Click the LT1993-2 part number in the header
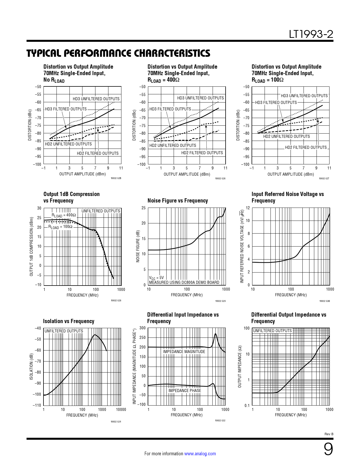pyautogui.click(x=311, y=34)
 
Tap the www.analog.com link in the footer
pyautogui.click(x=200, y=454)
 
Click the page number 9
pyautogui.click(x=328, y=449)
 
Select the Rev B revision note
pyautogui.click(x=329, y=434)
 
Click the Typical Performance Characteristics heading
pyautogui.click(x=118, y=53)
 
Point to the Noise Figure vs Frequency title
pyautogui.click(x=178, y=201)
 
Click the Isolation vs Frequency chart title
pyautogui.click(x=69, y=321)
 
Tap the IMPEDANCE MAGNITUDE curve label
pyautogui.click(x=184, y=352)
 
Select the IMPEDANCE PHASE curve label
pyautogui.click(x=185, y=391)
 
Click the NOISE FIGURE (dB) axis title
pyautogui.click(x=138, y=246)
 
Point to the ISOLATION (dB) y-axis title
pyautogui.click(x=31, y=367)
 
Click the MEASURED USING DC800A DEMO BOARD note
pyautogui.click(x=184, y=282)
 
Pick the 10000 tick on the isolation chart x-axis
pyautogui.click(x=121, y=410)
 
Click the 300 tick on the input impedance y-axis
pyautogui.click(x=143, y=328)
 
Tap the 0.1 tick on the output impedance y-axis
pyautogui.click(x=247, y=406)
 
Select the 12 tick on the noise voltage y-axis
pyautogui.click(x=248, y=208)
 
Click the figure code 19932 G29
pyautogui.click(x=220, y=301)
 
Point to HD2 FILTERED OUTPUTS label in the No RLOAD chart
pyautogui.click(x=98, y=153)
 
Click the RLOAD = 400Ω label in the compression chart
pyautogui.click(x=64, y=215)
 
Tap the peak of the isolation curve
pyautogui.click(x=95, y=335)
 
